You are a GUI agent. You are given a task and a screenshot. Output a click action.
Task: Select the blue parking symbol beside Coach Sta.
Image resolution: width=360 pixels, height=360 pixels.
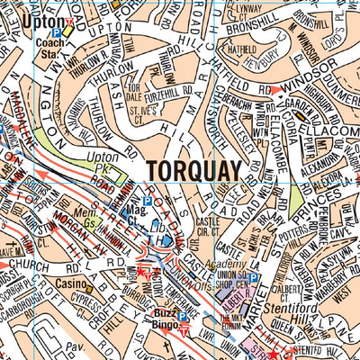[55, 32]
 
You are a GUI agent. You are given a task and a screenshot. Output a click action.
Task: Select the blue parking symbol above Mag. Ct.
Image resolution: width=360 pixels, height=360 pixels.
[147, 202]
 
